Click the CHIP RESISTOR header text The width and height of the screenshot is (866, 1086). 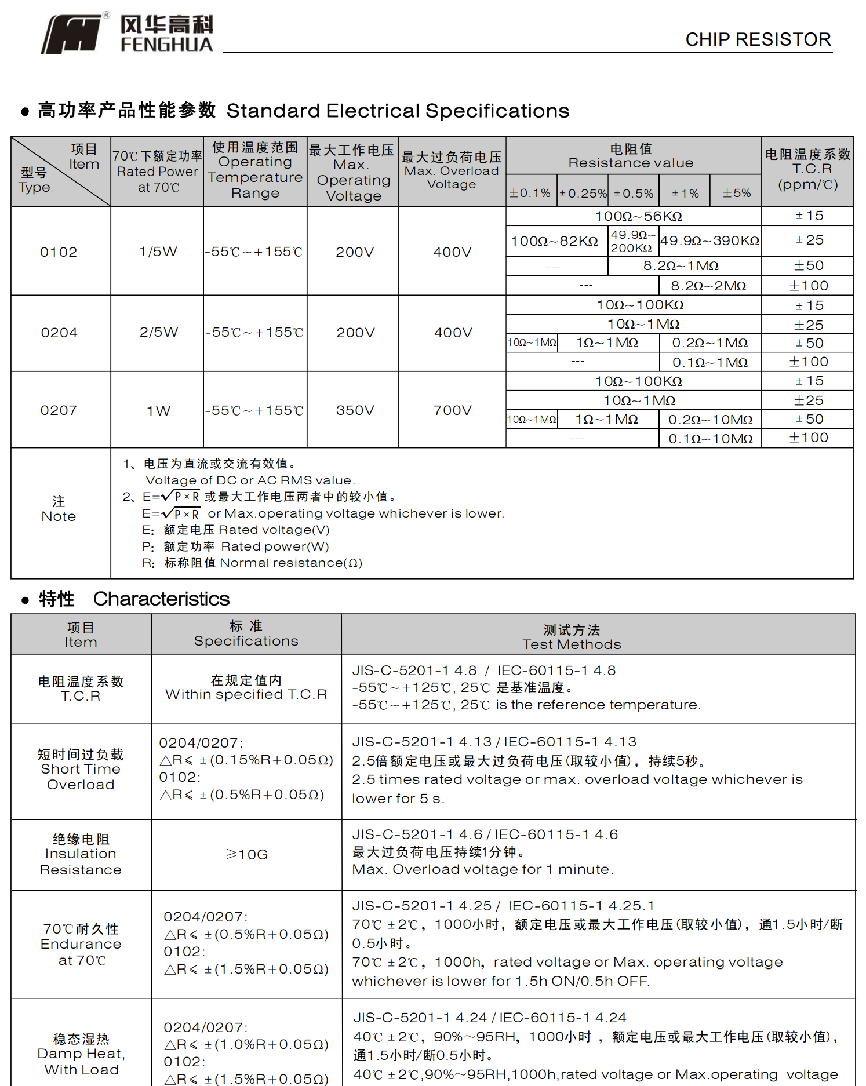[758, 39]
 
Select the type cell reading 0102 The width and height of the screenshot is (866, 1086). [59, 252]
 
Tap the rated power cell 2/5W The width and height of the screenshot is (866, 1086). [158, 332]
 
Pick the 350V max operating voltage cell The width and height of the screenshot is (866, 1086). [355, 410]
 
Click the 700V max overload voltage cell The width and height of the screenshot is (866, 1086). [452, 410]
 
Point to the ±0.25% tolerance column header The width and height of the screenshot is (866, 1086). [583, 193]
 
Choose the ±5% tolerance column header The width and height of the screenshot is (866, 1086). [736, 193]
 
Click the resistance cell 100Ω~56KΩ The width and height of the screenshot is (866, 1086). [638, 216]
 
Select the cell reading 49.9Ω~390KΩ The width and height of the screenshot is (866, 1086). [710, 240]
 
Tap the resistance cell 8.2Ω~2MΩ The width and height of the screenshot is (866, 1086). [708, 286]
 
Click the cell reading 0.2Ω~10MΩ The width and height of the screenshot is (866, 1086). [710, 420]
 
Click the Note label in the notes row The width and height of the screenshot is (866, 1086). [59, 509]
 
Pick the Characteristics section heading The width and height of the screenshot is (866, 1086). [161, 599]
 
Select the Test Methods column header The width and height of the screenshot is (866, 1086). [572, 637]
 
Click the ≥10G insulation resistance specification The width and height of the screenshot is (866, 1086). [246, 855]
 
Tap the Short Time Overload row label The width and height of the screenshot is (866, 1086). [81, 770]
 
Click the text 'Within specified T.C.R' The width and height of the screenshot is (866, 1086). [246, 694]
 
